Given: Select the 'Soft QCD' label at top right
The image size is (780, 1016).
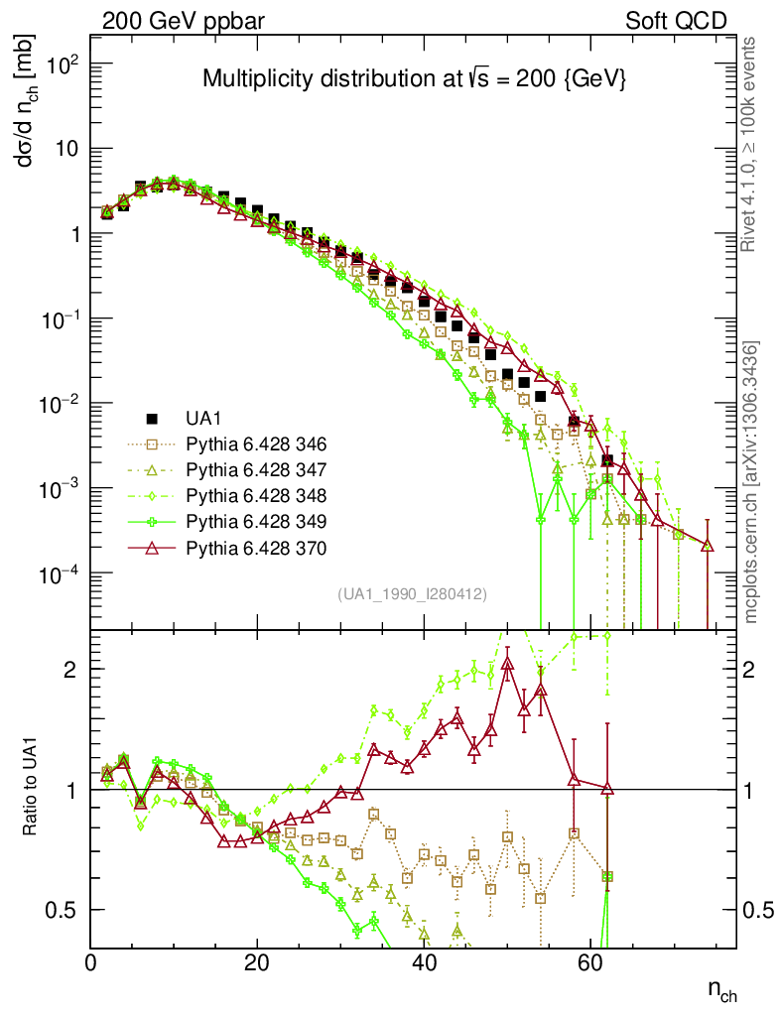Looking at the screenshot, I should pyautogui.click(x=677, y=21).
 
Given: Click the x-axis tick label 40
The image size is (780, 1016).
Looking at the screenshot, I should pyautogui.click(x=424, y=961).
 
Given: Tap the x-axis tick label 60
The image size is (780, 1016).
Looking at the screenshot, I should pyautogui.click(x=590, y=961).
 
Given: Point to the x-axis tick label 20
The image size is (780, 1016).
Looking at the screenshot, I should pyautogui.click(x=257, y=961).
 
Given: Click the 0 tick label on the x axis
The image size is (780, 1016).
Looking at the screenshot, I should pyautogui.click(x=91, y=961).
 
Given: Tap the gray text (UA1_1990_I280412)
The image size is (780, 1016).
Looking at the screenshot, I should pyautogui.click(x=411, y=594).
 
